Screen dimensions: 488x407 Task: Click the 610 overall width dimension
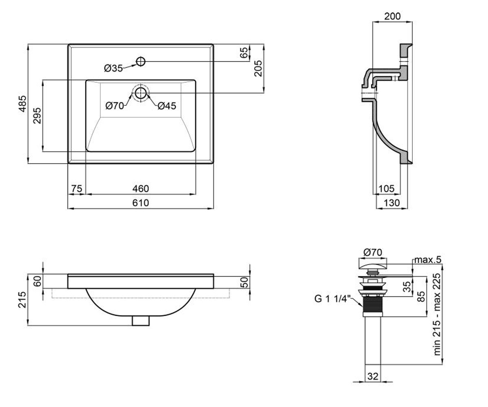[x=140, y=203]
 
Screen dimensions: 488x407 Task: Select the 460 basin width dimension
[x=140, y=188]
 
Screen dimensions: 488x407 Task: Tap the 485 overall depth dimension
[x=23, y=104]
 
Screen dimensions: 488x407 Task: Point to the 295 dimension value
[x=37, y=115]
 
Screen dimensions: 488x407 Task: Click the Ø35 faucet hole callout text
[x=113, y=68]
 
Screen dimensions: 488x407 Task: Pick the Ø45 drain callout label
[x=167, y=106]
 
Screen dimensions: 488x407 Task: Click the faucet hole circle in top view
[x=141, y=61]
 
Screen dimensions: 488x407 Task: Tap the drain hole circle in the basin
[x=141, y=93]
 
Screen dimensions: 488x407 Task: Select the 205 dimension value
[x=259, y=68]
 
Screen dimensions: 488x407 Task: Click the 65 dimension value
[x=244, y=53]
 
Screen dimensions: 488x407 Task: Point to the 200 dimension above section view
[x=392, y=16]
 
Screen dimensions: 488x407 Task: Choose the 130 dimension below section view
[x=392, y=203]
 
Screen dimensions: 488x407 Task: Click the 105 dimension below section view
[x=386, y=188]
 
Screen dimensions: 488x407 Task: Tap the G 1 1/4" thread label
[x=333, y=299]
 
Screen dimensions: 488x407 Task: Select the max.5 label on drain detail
[x=428, y=260]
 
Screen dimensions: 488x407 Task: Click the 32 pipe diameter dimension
[x=373, y=376]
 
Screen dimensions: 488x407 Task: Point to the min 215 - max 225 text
[x=437, y=315]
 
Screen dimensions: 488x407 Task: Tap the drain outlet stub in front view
[x=141, y=321]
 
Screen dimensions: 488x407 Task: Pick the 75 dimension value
[x=77, y=188]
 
